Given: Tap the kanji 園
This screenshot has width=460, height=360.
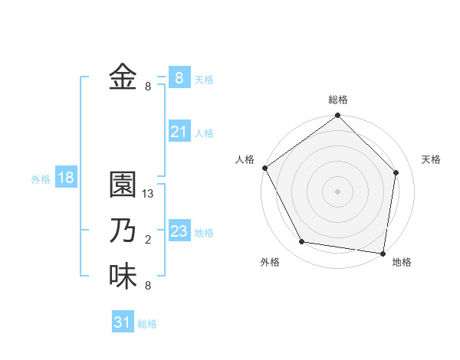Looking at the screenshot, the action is [x=123, y=186].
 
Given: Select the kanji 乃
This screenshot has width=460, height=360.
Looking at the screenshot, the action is [x=123, y=231].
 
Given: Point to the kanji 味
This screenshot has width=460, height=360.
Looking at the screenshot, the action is [x=123, y=277].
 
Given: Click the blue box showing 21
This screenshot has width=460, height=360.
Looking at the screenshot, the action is [x=179, y=132].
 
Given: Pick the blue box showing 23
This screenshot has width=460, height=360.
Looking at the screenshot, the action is [x=179, y=231].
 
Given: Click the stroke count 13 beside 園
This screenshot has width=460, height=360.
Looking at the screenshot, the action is [x=149, y=194].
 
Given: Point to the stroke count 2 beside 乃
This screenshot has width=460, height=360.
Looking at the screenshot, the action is [x=148, y=240].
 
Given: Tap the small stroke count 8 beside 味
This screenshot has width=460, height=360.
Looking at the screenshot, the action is [x=148, y=286].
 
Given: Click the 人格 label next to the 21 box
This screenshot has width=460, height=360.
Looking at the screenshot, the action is [x=204, y=133].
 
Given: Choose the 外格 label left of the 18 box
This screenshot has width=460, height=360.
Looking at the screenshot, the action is [x=41, y=179].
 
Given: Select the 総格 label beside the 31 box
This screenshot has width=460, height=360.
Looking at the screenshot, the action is [x=147, y=324].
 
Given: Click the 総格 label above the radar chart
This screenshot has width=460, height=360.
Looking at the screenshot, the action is [x=338, y=100].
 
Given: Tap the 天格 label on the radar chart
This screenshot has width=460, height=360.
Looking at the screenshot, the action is [x=432, y=159].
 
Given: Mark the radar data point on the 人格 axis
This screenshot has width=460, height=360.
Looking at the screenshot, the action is [x=265, y=168].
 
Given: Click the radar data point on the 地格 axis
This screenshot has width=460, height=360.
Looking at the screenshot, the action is [x=383, y=253].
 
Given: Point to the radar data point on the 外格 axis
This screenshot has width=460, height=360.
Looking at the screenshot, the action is [x=302, y=242].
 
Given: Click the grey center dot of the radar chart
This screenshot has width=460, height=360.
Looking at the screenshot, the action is [x=338, y=191].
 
